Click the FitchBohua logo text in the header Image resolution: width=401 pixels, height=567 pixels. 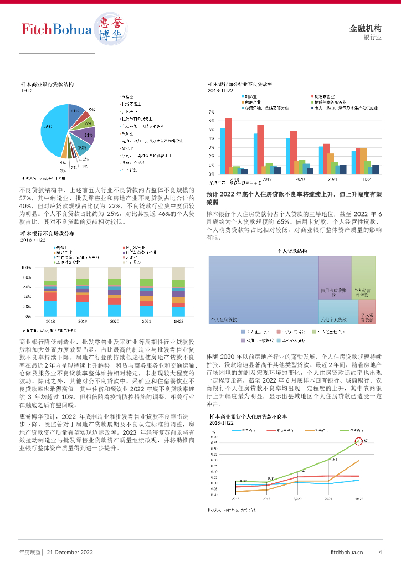tap(55, 29)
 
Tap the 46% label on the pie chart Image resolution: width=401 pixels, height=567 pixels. tap(47, 127)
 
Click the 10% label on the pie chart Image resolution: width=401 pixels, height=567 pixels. tap(81, 148)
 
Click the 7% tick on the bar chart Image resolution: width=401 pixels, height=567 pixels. tap(211, 112)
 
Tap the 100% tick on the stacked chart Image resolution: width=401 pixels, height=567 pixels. tap(25, 267)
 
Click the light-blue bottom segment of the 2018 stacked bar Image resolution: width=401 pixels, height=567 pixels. tap(51, 308)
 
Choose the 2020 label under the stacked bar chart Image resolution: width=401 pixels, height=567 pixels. tap(115, 321)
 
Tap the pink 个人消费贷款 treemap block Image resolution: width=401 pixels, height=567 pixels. tap(366, 311)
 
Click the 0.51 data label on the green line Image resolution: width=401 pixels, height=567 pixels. tap(333, 460)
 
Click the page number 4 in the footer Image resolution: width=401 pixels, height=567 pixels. tap(380, 552)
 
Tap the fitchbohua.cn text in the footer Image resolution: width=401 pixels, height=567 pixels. tap(347, 552)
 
